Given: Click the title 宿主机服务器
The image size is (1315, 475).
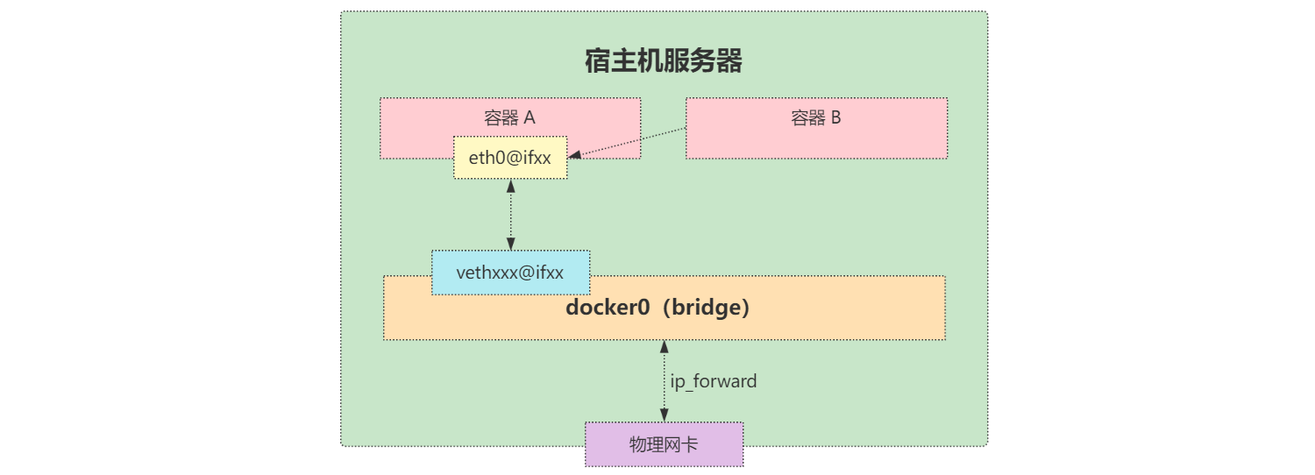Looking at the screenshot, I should click(x=664, y=61).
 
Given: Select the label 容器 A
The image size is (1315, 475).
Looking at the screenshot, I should click(x=509, y=118).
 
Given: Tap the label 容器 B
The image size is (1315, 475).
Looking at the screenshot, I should click(x=815, y=118).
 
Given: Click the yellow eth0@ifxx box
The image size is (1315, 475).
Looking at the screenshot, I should click(x=510, y=158).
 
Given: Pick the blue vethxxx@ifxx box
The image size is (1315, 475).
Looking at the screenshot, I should click(x=510, y=273).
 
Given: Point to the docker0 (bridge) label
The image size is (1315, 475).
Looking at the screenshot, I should click(x=657, y=308).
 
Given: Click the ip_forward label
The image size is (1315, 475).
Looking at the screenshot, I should click(x=714, y=382).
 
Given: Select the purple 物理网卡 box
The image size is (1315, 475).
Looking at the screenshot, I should click(x=664, y=444).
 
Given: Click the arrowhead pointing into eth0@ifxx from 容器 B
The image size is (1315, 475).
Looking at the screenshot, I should click(x=574, y=156).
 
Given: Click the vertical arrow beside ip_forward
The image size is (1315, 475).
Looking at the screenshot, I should click(x=664, y=381).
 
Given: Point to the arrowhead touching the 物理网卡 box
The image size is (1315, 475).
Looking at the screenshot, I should click(x=664, y=415).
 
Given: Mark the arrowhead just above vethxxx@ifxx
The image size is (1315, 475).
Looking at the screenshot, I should click(x=510, y=244).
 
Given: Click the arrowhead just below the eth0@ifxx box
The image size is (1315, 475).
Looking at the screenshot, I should click(x=510, y=186).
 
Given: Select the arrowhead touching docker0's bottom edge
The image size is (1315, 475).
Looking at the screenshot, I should click(x=664, y=346).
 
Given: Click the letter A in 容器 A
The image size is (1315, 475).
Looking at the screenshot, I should click(x=530, y=118).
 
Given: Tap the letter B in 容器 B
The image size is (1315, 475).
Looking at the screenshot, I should click(x=835, y=118).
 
